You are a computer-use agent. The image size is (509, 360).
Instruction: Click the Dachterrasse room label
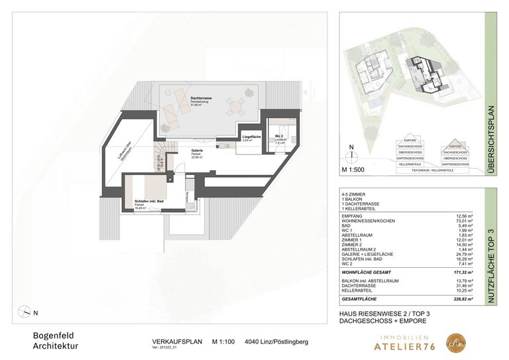(x=182, y=98)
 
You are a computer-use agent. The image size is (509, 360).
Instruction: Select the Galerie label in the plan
(x=197, y=150)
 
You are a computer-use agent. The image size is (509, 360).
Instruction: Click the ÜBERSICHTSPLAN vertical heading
(x=491, y=139)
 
